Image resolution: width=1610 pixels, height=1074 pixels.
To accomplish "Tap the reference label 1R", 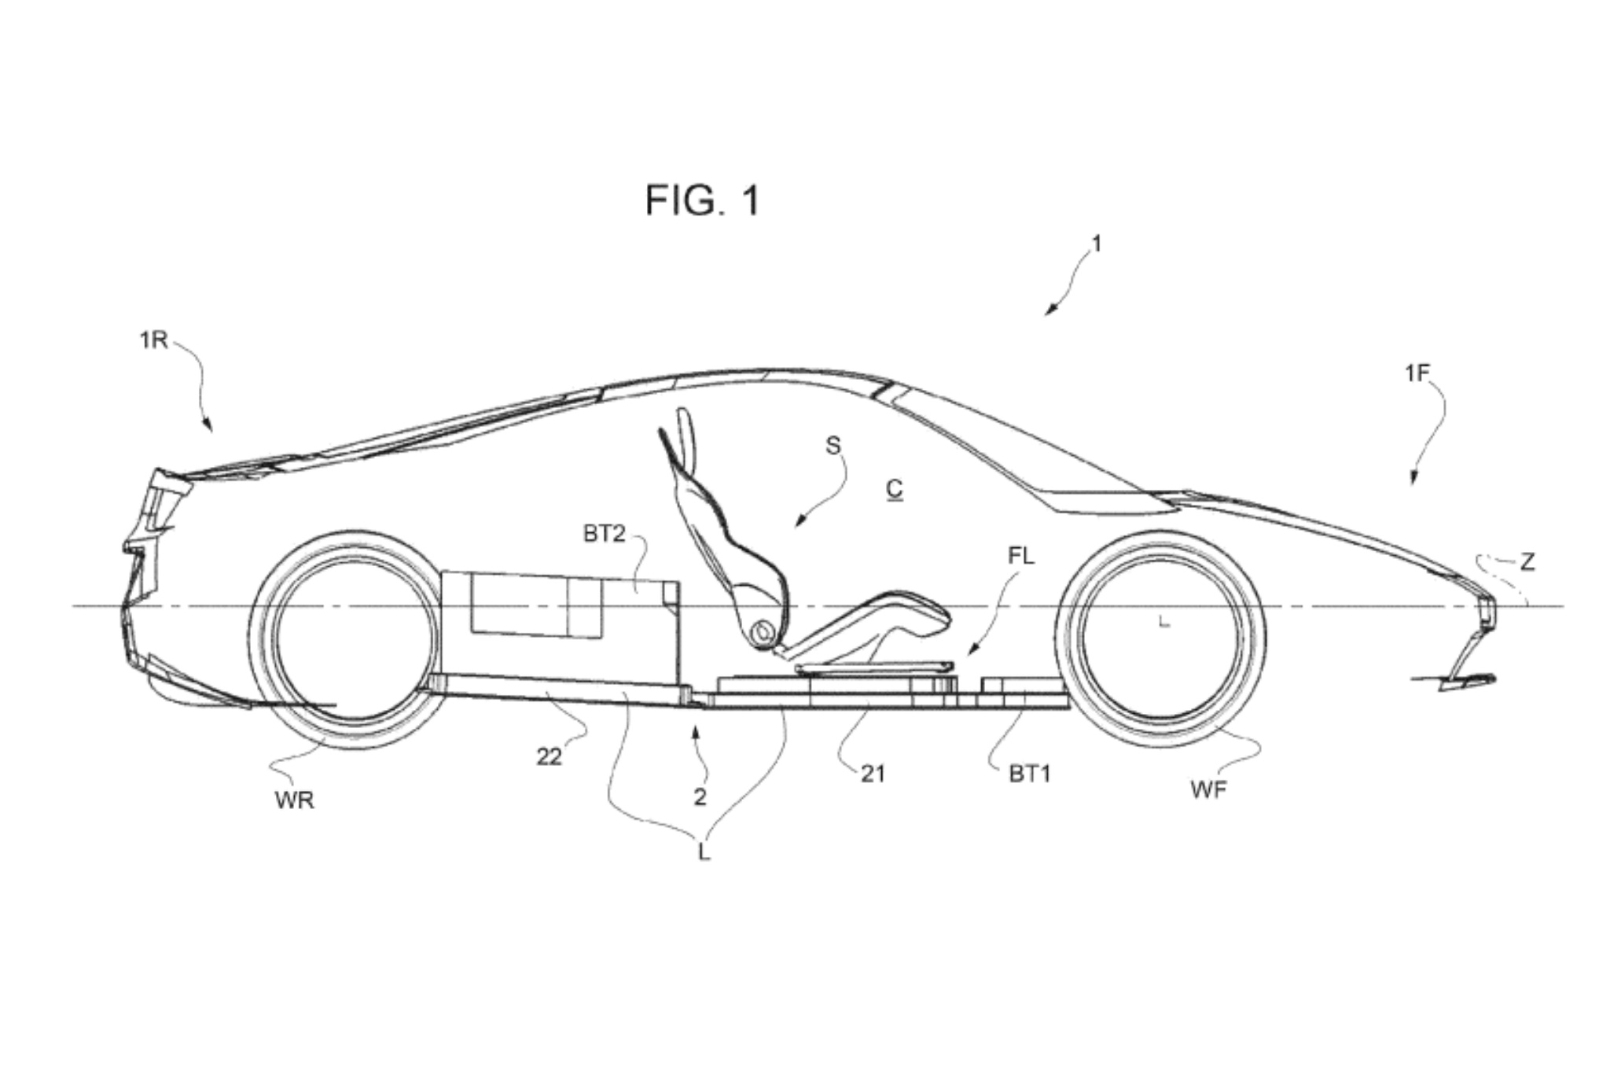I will point(153,340).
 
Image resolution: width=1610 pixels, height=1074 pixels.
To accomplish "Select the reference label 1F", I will point(1417,373).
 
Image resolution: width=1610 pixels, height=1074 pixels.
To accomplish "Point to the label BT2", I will point(604,534).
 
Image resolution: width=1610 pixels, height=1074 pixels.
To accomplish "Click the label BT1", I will point(1029,774).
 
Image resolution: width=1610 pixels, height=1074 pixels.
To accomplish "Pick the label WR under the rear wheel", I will point(295,800).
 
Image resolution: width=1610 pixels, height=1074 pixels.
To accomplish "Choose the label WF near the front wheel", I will point(1208,789).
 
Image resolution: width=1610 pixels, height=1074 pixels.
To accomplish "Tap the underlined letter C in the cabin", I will point(895,489).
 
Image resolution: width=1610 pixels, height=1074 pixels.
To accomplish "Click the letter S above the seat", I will point(833,446).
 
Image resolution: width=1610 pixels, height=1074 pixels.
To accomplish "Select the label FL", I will point(1021,556).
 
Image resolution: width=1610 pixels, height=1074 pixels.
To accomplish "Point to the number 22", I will point(550,756).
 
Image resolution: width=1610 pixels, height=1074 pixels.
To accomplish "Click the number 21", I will point(873,774).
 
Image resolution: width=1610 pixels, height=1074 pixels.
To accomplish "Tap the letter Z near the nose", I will point(1527,561).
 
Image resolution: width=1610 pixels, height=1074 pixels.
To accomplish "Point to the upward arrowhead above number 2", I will point(696,733).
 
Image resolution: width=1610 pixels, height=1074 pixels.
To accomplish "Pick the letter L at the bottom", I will point(704,852).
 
